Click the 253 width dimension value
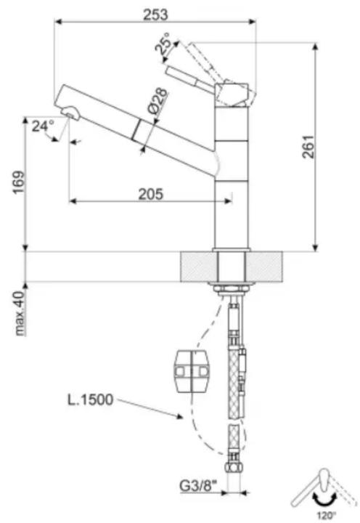coord(155,15)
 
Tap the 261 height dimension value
coord(308,147)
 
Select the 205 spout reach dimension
coord(151,194)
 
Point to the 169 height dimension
coord(19,182)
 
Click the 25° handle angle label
coord(164,44)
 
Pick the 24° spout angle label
coord(43,126)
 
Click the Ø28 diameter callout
coord(157,101)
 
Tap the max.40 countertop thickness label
coord(20,313)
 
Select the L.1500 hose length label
coord(90,400)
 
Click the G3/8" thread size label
coord(199,487)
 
